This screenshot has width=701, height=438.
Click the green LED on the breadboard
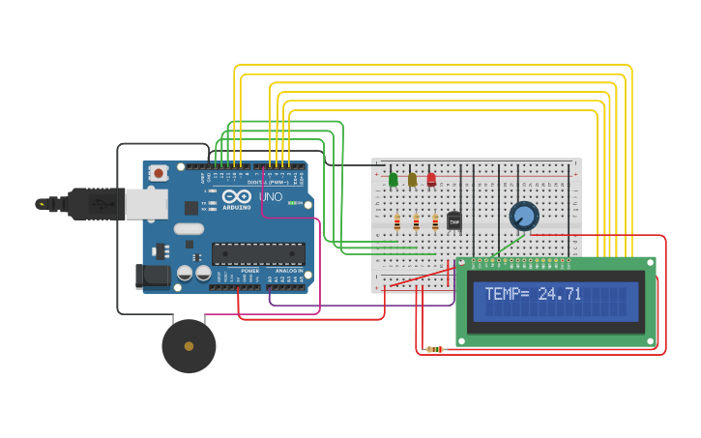394,179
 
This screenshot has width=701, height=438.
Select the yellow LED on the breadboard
413,179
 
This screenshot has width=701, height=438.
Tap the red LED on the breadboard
431,179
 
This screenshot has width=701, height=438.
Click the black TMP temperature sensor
454,220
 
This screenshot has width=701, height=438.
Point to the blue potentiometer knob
524,215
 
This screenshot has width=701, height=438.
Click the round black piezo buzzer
189,346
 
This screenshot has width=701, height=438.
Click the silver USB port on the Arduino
146,204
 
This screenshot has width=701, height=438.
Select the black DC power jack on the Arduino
153,276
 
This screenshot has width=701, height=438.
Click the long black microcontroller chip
258,253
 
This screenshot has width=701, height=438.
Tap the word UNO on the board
271,197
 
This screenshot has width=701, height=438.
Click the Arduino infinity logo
237,195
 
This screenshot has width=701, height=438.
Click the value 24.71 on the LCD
560,293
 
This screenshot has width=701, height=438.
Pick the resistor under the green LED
396,222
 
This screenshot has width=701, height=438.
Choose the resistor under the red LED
435,222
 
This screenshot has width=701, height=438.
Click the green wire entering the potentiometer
511,242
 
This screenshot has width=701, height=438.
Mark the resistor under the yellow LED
416,222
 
